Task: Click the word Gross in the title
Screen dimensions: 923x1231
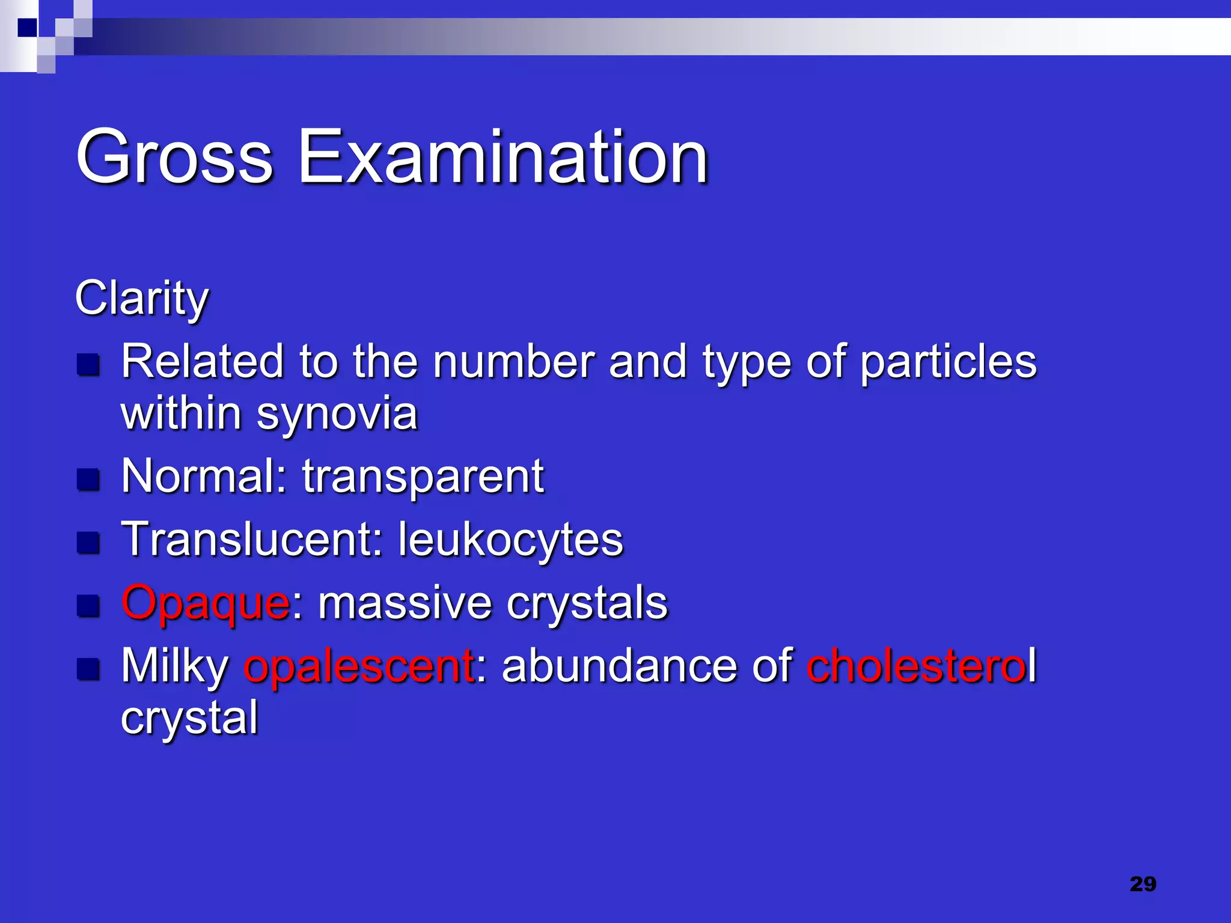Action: [x=174, y=157]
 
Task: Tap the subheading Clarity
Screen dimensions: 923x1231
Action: [x=142, y=299]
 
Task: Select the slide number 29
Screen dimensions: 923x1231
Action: [x=1143, y=884]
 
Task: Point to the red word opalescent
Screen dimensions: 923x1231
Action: [x=359, y=666]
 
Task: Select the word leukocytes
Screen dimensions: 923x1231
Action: [x=510, y=539]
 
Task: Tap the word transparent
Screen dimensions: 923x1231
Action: [x=423, y=476]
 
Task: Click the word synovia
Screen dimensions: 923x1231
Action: [x=337, y=415]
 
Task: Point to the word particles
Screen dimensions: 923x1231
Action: [x=948, y=362]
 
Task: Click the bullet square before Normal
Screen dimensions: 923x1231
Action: [x=88, y=480]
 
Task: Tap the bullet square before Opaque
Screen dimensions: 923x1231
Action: [x=88, y=606]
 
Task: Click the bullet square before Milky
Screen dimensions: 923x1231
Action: [x=88, y=669]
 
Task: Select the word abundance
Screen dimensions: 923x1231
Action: [x=619, y=666]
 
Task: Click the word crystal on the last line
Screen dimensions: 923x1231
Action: [x=189, y=717]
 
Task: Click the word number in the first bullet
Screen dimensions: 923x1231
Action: [x=513, y=362]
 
